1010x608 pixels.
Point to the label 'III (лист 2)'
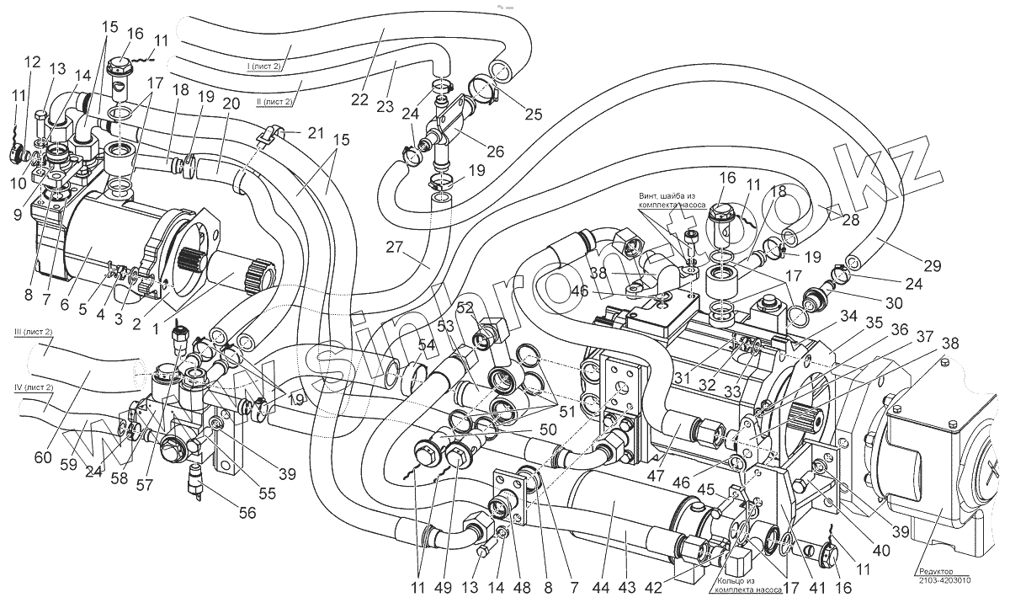point(34,333)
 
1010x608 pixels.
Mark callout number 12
point(33,61)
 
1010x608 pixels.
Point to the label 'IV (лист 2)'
point(34,387)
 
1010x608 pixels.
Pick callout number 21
point(316,134)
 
